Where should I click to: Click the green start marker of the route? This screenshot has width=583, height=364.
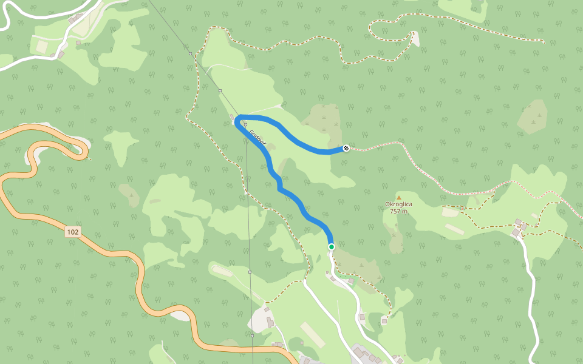coord(332,247)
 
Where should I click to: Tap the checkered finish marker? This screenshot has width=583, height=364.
coord(346,148)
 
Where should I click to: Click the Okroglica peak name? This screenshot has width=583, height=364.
coord(398,204)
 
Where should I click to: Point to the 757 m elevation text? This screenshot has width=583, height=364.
coord(398,212)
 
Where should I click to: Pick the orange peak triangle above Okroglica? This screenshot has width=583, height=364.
coord(398,197)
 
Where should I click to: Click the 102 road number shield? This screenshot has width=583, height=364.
coord(73,231)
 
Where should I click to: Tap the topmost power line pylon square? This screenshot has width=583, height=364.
coord(191,54)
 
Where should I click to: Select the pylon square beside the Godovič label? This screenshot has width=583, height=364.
coord(246,124)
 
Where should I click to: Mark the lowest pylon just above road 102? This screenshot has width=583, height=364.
coord(251,335)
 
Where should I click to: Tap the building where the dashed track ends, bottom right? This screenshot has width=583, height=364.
coord(384,320)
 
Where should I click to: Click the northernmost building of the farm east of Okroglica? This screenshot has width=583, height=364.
coord(517,222)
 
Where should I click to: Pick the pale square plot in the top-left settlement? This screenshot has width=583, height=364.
coord(42,46)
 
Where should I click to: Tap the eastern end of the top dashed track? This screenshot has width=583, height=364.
coord(542,42)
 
